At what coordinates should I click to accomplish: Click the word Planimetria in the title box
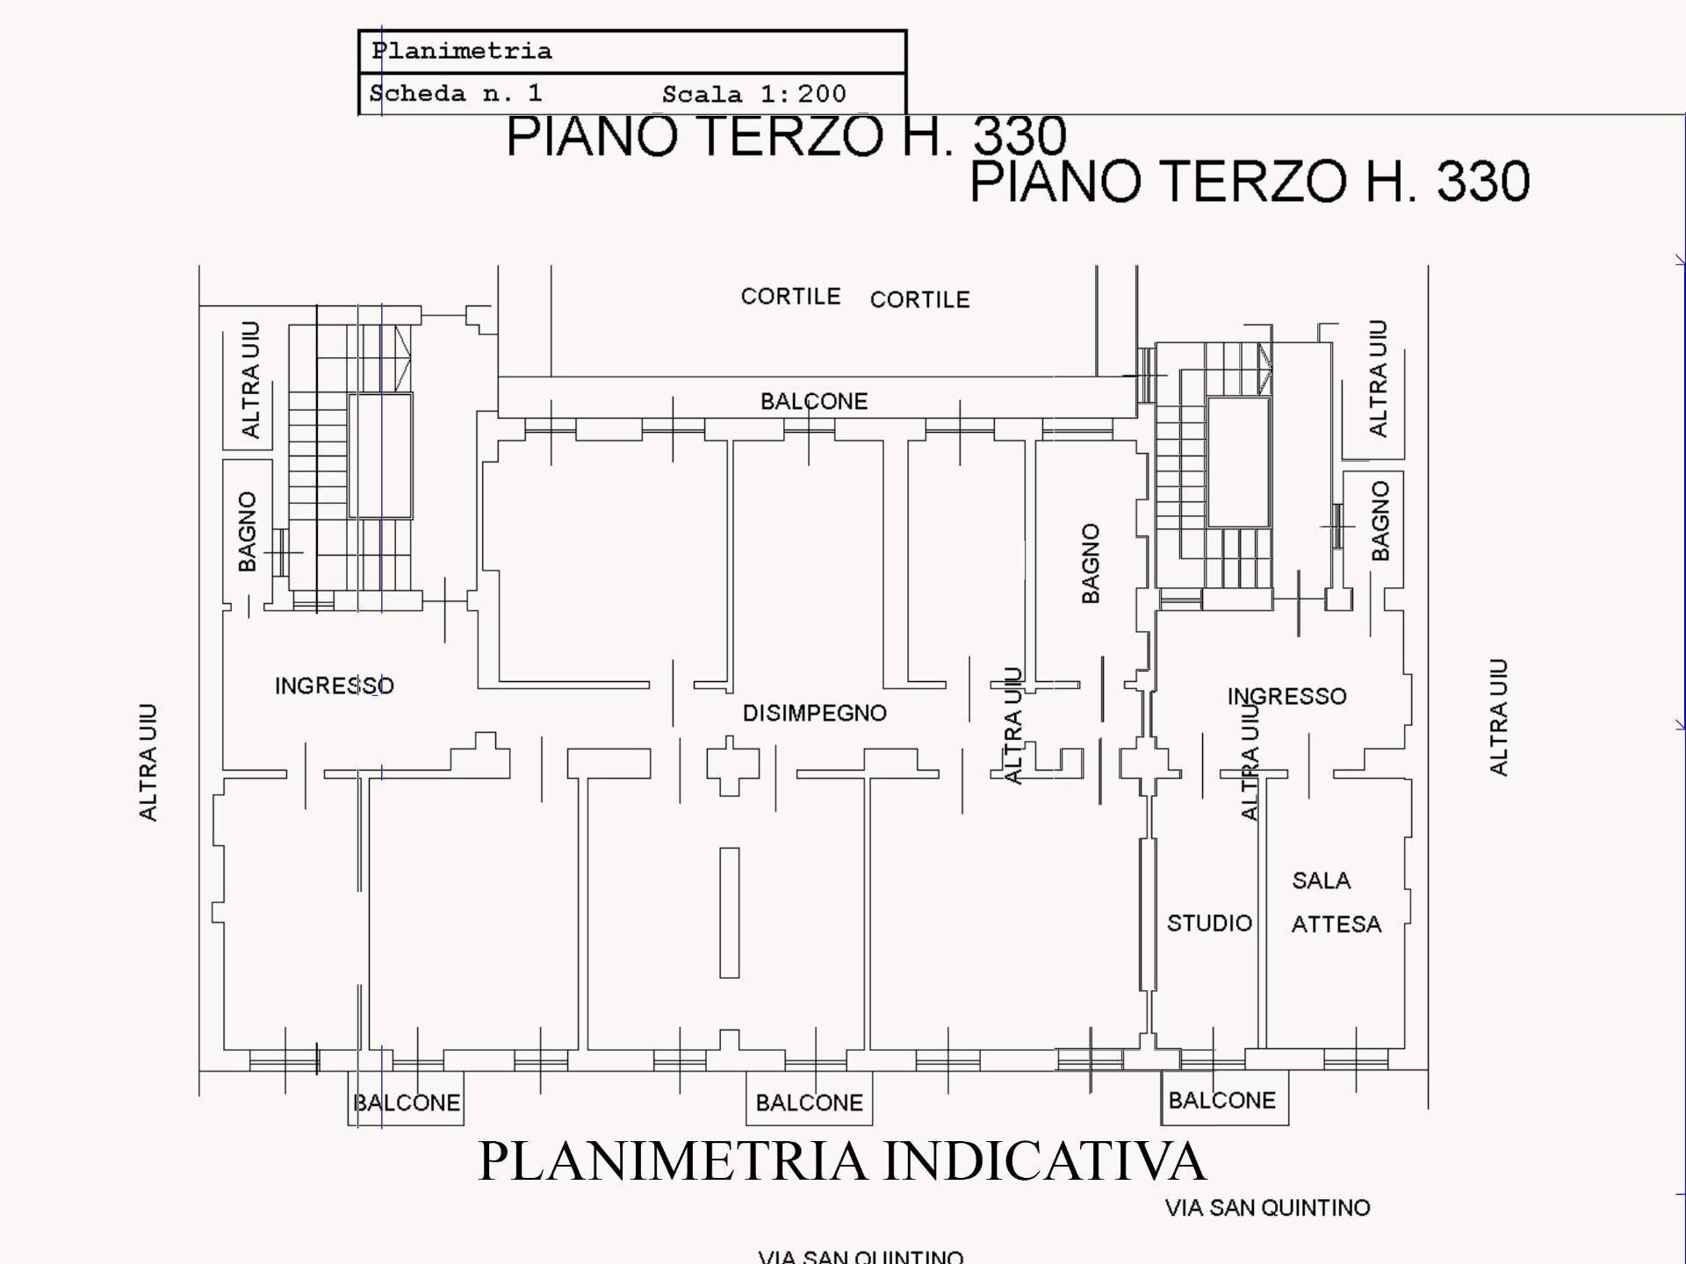[x=462, y=51]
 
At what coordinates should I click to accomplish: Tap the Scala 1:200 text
[x=753, y=94]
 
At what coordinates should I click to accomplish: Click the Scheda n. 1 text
[x=455, y=93]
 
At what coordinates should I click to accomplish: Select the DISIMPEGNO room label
[x=814, y=713]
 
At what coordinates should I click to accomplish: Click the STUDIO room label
[x=1209, y=923]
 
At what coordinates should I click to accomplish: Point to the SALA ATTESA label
[x=1335, y=902]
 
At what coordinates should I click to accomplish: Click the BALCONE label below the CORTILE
[x=813, y=401]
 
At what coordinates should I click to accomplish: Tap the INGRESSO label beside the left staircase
[x=334, y=686]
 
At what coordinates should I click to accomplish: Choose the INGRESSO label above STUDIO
[x=1286, y=696]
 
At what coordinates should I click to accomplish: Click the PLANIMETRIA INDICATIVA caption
[x=842, y=1160]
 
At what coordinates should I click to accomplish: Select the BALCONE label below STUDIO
[x=1221, y=1100]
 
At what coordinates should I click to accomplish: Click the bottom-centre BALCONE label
[x=809, y=1102]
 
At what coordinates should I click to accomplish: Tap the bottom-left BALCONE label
[x=406, y=1102]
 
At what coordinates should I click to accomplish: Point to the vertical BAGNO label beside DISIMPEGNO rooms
[x=1090, y=563]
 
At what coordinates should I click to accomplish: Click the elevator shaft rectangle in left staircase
[x=380, y=456]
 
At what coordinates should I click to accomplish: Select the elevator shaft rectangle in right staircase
[x=1238, y=462]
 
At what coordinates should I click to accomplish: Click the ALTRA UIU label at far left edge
[x=148, y=762]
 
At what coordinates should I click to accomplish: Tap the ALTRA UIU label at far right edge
[x=1498, y=716]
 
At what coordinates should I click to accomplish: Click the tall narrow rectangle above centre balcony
[x=729, y=912]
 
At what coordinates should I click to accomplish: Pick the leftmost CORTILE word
[x=790, y=297]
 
